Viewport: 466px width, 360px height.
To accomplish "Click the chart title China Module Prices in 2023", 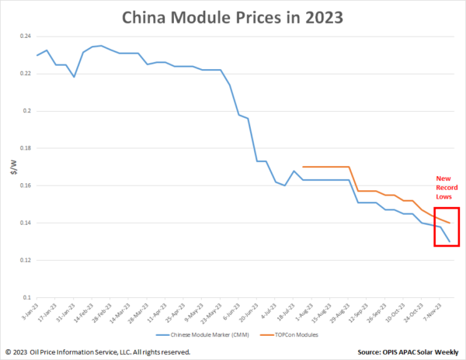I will tap(233, 16).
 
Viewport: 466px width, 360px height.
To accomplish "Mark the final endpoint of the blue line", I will tap(450, 242).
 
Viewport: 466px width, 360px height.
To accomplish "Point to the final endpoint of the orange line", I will tap(450, 223).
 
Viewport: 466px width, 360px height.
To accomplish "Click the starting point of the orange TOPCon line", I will tap(301, 167).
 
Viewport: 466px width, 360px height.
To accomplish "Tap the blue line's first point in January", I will tap(37, 55).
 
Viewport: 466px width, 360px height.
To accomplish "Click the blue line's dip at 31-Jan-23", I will tap(74, 77).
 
